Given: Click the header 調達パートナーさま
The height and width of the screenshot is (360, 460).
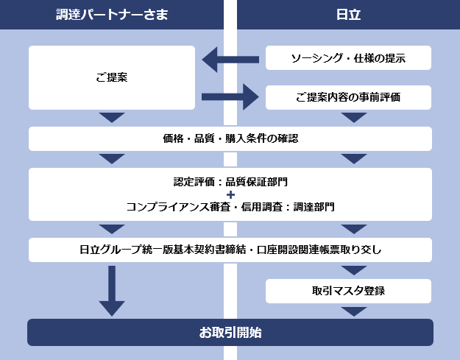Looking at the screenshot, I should (112, 15).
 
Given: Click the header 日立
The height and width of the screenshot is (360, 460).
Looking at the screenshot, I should (347, 15).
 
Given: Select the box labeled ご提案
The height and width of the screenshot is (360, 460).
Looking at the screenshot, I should (112, 77).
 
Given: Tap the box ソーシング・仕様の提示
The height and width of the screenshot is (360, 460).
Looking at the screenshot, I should (348, 58).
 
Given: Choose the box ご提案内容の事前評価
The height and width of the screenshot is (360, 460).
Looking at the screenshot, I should (348, 97).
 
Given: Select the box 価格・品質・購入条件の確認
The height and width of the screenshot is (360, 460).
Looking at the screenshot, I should (230, 138).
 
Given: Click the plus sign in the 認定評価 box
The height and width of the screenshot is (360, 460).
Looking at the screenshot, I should (230, 194).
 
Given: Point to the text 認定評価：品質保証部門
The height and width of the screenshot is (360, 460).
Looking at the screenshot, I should (230, 181).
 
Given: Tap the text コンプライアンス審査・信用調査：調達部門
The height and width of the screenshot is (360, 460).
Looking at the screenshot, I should (230, 207).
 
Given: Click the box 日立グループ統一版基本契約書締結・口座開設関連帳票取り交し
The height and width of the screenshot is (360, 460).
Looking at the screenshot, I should (230, 250).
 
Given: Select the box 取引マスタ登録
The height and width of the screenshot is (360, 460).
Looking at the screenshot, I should (348, 291).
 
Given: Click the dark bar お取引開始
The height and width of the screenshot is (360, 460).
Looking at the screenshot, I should (230, 332).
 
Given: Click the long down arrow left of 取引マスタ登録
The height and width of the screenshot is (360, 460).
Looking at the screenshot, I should (112, 290).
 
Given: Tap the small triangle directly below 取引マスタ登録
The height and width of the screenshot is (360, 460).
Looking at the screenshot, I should (354, 311).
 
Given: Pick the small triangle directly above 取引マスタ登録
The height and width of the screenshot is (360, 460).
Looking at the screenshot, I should (354, 269).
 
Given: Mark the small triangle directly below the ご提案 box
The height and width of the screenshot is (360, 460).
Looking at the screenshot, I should (112, 118).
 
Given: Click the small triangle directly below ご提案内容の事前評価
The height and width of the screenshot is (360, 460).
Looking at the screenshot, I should (354, 118).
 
